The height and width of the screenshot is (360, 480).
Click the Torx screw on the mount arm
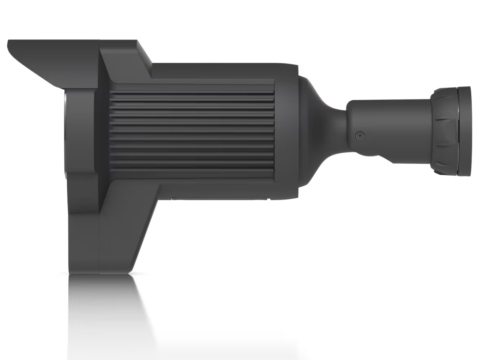pyautogui.click(x=360, y=136)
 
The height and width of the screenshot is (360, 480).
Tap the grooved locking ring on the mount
pyautogui.click(x=444, y=131)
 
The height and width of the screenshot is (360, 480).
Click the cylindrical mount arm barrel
pyautogui.click(x=389, y=120)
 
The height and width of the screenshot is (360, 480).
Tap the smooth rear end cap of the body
pyautogui.click(x=288, y=130)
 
